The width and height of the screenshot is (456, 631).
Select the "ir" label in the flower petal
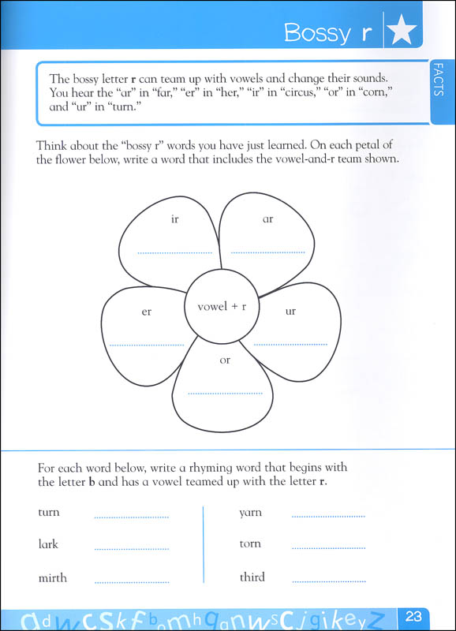coord(174,218)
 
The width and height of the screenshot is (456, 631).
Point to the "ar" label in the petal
coord(267,218)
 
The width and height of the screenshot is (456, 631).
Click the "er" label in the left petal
coord(146,312)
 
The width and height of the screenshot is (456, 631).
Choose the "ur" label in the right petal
coord(290,312)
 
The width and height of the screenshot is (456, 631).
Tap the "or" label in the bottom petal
coord(225,360)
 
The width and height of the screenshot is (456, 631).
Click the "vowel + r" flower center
coord(222,306)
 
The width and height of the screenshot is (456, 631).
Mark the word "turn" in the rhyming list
coord(49,513)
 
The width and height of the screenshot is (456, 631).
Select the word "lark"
coord(48,544)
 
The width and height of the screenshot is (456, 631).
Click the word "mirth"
coord(53,577)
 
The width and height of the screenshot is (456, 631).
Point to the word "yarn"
coord(250,513)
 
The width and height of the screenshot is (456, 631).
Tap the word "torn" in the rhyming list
coord(250,544)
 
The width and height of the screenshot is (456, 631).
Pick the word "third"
coord(252,577)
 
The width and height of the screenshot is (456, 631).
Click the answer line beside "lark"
coord(131,549)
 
